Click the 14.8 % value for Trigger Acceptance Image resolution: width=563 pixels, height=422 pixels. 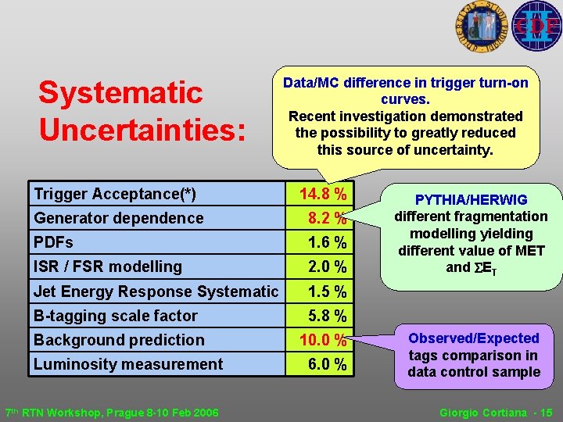click(323, 194)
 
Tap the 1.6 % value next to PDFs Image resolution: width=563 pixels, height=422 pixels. click(327, 243)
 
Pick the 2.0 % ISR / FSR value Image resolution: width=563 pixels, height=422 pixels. click(327, 267)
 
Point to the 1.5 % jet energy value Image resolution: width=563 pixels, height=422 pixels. click(327, 291)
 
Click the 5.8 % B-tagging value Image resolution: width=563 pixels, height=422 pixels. click(327, 316)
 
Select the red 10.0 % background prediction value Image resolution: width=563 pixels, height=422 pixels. click(323, 341)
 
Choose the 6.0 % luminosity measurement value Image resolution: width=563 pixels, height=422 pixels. click(327, 365)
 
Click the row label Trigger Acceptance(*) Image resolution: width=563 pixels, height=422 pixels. click(114, 194)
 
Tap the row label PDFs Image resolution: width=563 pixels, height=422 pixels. click(53, 242)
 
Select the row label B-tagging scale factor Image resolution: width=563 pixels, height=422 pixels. click(115, 316)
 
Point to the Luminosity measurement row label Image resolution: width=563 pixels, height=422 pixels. click(127, 364)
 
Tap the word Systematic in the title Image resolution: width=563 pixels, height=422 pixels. click(120, 93)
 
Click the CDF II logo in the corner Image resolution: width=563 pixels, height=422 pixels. click(536, 26)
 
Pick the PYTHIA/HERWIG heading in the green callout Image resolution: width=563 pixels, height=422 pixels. click(471, 200)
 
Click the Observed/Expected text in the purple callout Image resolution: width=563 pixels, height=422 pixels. click(474, 338)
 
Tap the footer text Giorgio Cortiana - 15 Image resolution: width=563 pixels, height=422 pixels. click(496, 412)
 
